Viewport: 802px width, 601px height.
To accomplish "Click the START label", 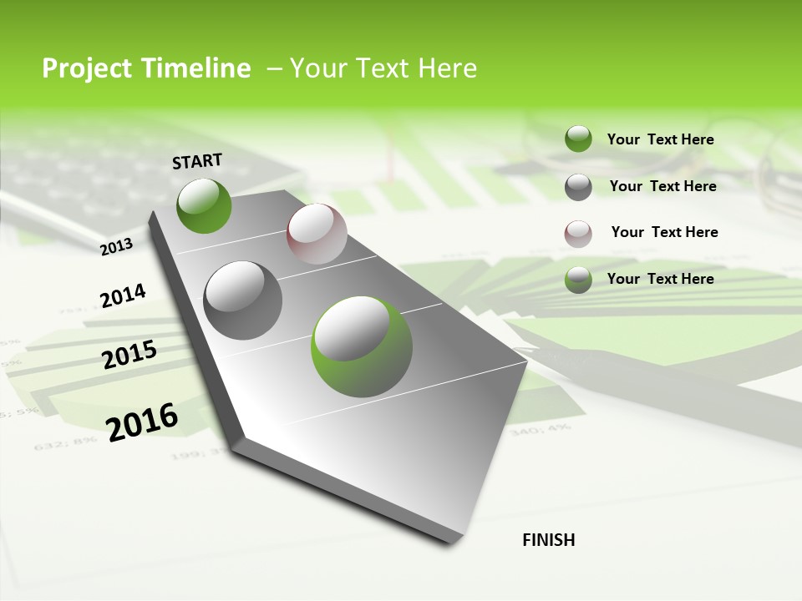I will tap(197, 161).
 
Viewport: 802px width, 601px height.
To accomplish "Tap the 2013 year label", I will tap(117, 246).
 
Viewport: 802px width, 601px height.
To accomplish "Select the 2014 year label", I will tap(123, 296).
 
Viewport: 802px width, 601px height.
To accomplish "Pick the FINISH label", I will tap(549, 540).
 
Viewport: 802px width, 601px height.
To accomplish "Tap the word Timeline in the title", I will tap(197, 68).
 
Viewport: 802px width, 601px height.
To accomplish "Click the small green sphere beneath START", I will tap(204, 206).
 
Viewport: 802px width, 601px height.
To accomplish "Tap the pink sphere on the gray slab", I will tap(317, 234).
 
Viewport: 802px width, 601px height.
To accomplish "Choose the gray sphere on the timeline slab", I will tap(243, 300).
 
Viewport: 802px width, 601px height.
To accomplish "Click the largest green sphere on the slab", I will tap(362, 346).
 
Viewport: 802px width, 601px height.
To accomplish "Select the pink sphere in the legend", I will tap(578, 234).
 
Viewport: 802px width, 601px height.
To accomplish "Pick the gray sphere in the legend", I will tap(578, 187).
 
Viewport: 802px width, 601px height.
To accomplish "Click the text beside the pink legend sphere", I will tap(664, 232).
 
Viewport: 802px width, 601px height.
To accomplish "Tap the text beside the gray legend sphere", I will tap(662, 186).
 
